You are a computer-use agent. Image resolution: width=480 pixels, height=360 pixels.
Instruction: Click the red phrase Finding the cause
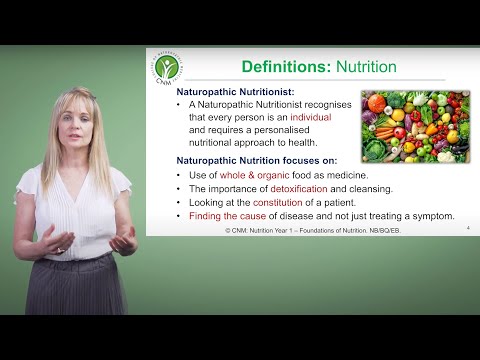point(225,215)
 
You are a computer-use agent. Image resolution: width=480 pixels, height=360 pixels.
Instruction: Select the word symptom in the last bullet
point(430,215)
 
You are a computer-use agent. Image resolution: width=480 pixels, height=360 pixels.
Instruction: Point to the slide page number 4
point(467,229)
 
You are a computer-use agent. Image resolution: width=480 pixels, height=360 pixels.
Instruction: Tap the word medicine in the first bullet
point(362,175)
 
